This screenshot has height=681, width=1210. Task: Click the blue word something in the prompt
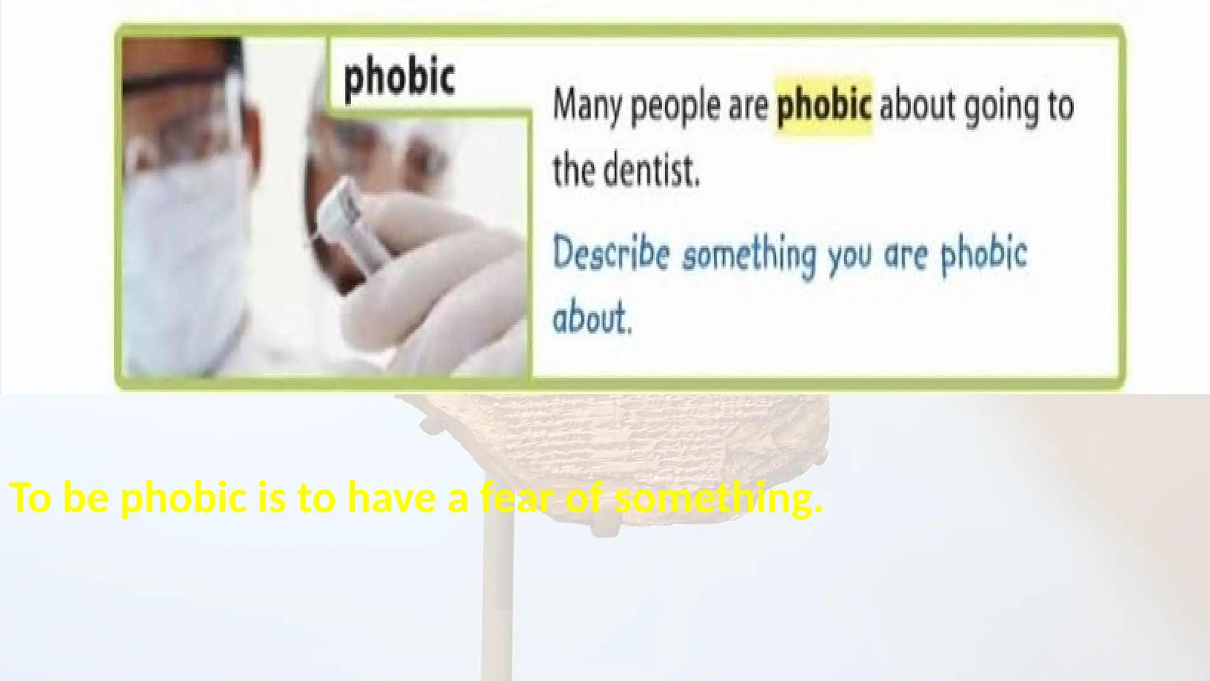749,255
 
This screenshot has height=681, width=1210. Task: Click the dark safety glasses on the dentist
177,83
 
